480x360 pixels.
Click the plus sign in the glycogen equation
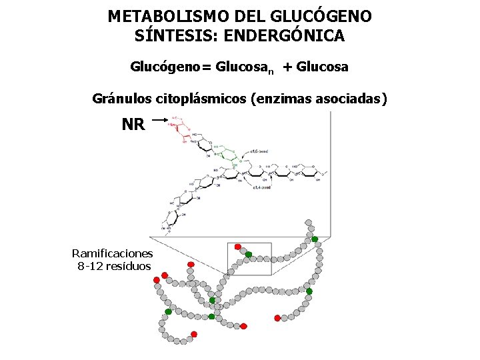pos(287,67)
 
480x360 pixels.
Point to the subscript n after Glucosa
pos(271,71)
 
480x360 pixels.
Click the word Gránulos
pos(121,99)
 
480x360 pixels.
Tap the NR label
pos(133,124)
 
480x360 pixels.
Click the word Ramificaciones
pos(112,253)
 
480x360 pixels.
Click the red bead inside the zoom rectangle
pos(238,247)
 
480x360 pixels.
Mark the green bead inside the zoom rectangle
pos(248,254)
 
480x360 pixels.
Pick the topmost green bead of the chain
pos(315,239)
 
